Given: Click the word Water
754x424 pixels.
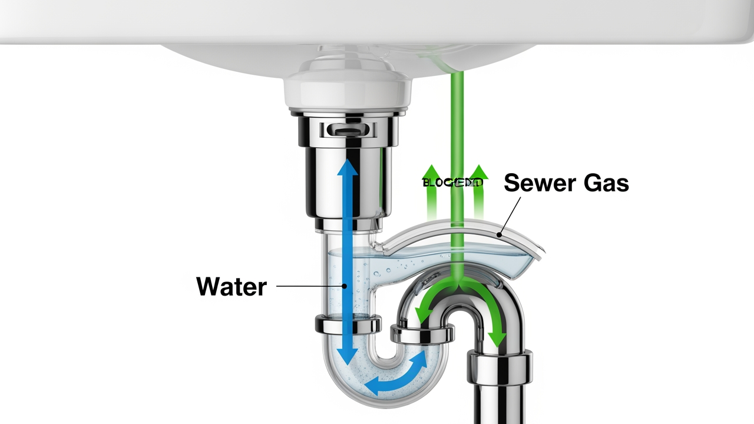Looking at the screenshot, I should pyautogui.click(x=231, y=287).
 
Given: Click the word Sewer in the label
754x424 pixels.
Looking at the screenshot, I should pyautogui.click(x=533, y=183).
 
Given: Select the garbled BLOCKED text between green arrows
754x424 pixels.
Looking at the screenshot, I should pyautogui.click(x=452, y=183).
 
